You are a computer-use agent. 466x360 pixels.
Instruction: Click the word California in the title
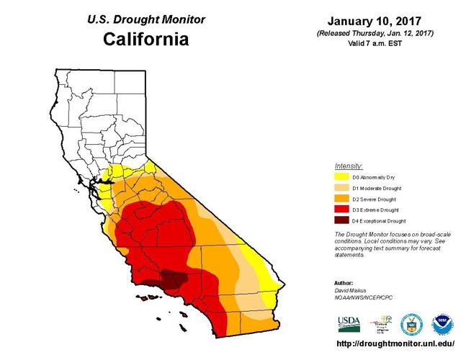pos(145,39)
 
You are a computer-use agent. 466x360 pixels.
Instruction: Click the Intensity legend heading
pos(349,166)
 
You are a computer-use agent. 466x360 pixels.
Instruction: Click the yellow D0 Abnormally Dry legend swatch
pos(342,176)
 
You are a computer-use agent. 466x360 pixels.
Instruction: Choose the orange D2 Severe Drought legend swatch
pos(342,199)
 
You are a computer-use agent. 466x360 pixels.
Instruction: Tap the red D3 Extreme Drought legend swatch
pos(342,210)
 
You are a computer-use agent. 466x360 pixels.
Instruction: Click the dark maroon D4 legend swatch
pos(342,221)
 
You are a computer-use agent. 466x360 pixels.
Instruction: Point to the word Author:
pos(344,282)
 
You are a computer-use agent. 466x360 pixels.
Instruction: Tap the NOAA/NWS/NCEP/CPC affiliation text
pos(364,297)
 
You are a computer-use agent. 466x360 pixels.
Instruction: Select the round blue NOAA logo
pos(441,323)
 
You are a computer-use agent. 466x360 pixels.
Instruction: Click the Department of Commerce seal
pos(411,323)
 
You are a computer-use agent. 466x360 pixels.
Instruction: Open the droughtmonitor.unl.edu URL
pos(395,343)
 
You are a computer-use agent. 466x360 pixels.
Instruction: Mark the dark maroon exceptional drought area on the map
pos(172,279)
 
